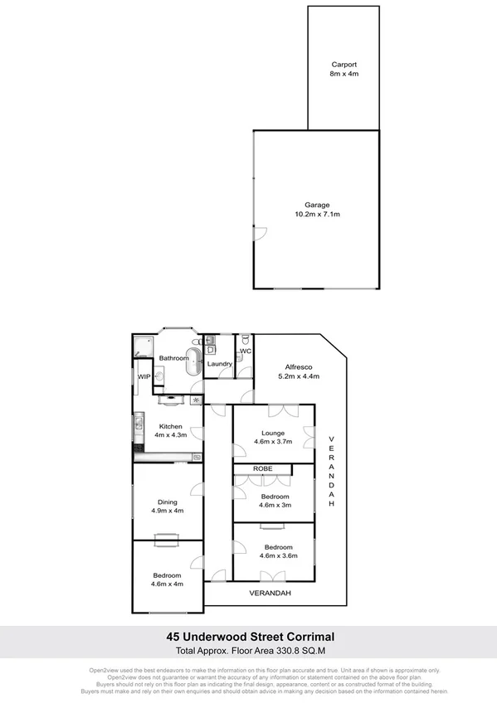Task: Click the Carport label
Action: (344, 64)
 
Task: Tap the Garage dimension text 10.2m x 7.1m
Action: (317, 215)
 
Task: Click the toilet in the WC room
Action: (246, 343)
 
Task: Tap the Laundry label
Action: (219, 364)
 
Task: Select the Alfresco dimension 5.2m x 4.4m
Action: (298, 377)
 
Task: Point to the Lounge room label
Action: (273, 433)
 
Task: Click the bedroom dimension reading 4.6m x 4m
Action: (168, 584)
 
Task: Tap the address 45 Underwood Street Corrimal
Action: (248, 637)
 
